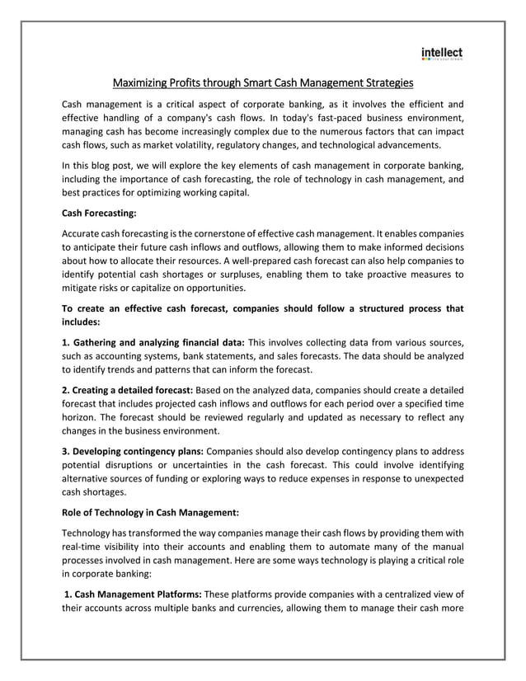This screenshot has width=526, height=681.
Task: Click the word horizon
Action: [x=82, y=417]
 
